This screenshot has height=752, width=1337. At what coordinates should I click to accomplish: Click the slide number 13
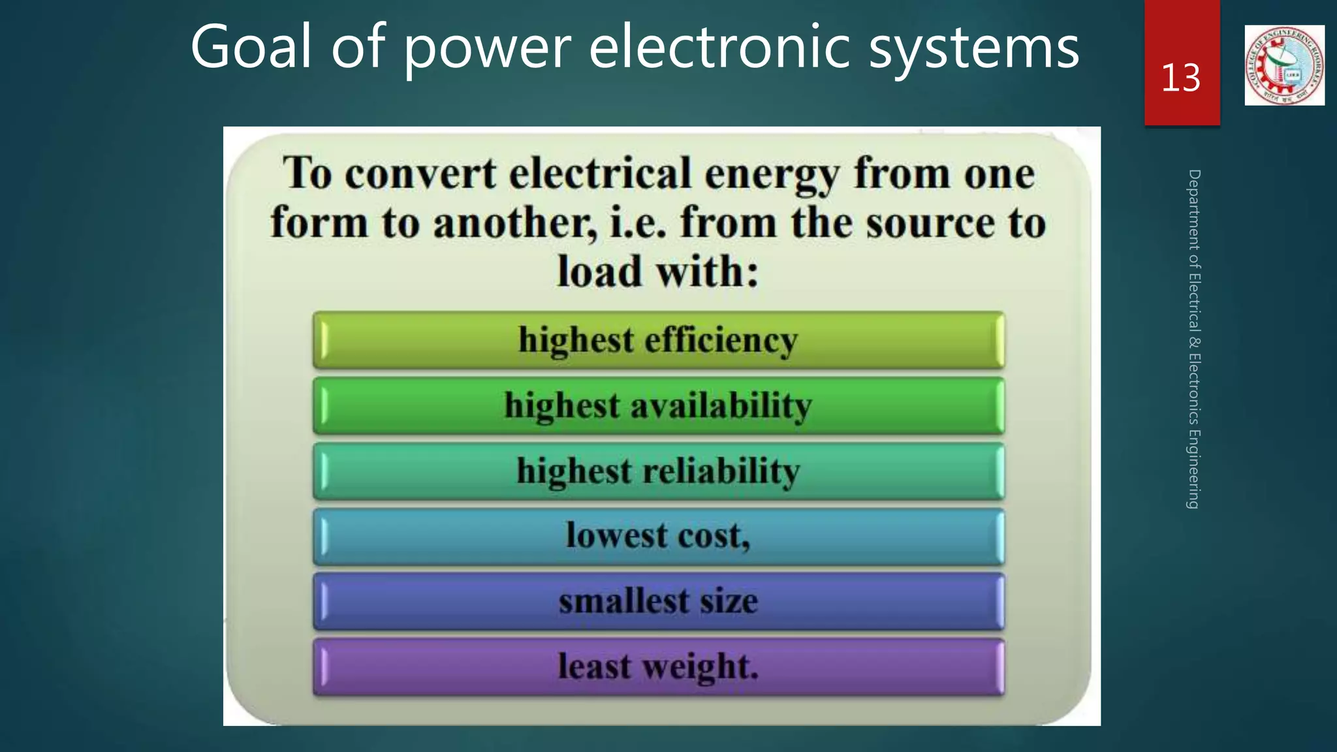coord(1181,78)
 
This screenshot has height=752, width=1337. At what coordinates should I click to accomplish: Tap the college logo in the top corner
coord(1284,65)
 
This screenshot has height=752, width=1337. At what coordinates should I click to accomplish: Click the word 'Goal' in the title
coord(251,47)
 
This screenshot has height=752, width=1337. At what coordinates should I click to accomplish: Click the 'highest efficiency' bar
coord(658,340)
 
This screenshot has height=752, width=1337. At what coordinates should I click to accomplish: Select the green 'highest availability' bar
coord(658,405)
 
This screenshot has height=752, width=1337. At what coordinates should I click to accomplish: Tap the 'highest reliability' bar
coord(658,471)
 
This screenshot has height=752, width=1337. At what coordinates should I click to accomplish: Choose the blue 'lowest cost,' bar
coord(658,536)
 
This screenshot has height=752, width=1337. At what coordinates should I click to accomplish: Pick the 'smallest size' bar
coord(658,601)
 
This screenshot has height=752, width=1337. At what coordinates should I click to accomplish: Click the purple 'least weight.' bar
coord(658,666)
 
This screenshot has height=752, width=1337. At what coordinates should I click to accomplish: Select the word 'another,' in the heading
coord(515,223)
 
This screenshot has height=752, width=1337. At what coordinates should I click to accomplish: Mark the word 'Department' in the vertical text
coord(1194,209)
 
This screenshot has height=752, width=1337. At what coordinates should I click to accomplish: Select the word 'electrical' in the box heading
coord(600,174)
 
